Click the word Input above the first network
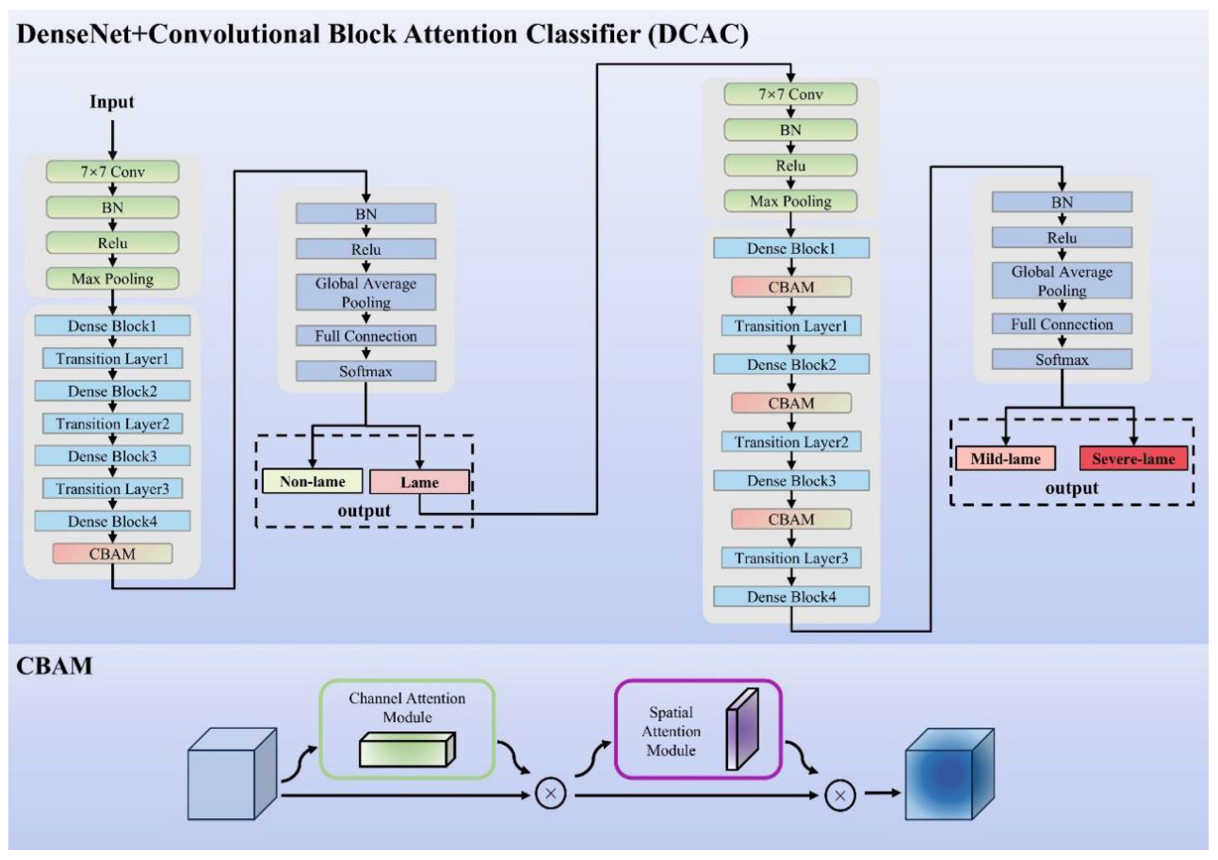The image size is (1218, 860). click(112, 102)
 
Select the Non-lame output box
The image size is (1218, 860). click(312, 481)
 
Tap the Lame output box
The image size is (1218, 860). click(419, 482)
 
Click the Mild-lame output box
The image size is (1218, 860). click(1005, 458)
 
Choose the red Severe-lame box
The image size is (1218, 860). click(1133, 458)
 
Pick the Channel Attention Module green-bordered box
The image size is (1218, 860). click(407, 728)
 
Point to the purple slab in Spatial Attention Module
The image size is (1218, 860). click(742, 729)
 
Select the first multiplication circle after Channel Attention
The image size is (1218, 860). click(550, 794)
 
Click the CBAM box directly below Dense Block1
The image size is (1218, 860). click(791, 287)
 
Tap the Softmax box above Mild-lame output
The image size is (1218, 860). click(1062, 359)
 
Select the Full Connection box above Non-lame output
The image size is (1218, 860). click(366, 336)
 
